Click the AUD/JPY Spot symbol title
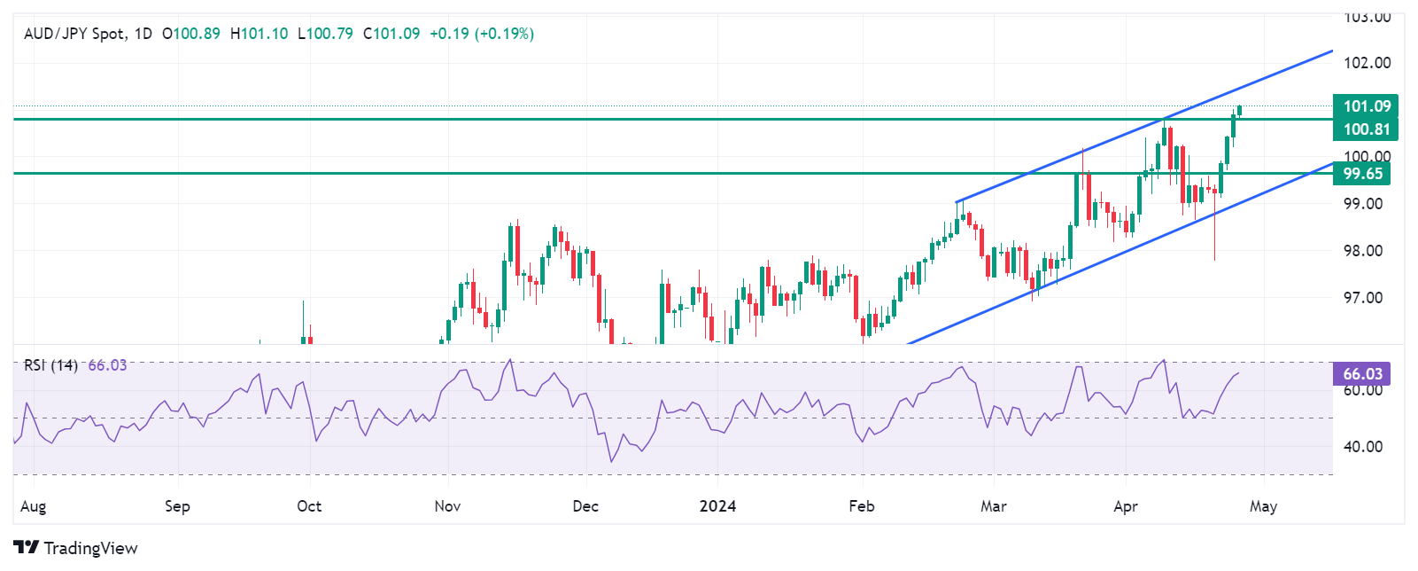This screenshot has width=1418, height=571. pyautogui.click(x=74, y=34)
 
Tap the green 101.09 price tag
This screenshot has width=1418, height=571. pyautogui.click(x=1366, y=106)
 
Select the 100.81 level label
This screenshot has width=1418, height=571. pyautogui.click(x=1366, y=129)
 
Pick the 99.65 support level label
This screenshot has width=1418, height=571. pyautogui.click(x=1362, y=174)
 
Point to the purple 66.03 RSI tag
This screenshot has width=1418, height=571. pyautogui.click(x=1362, y=374)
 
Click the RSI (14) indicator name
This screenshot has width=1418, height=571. pyautogui.click(x=50, y=365)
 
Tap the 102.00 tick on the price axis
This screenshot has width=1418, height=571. pyautogui.click(x=1367, y=63)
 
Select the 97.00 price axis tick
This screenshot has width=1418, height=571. pyautogui.click(x=1362, y=298)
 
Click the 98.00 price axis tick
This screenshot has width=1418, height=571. pyautogui.click(x=1362, y=251)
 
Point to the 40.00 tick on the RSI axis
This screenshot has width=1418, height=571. pyautogui.click(x=1362, y=447)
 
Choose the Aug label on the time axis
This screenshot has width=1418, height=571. pyautogui.click(x=33, y=506)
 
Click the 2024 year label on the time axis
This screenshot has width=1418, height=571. pyautogui.click(x=717, y=506)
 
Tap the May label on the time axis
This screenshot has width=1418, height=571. pyautogui.click(x=1263, y=506)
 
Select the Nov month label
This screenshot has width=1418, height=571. pyautogui.click(x=447, y=506)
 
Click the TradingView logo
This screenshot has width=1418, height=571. pyautogui.click(x=75, y=548)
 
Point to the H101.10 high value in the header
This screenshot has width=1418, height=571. pyautogui.click(x=259, y=34)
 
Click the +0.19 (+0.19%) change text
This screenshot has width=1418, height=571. pyautogui.click(x=481, y=34)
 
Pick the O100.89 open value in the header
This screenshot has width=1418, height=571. pyautogui.click(x=191, y=34)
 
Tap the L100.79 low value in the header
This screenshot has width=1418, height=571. pyautogui.click(x=325, y=34)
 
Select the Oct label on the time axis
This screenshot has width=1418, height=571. pyautogui.click(x=309, y=506)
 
